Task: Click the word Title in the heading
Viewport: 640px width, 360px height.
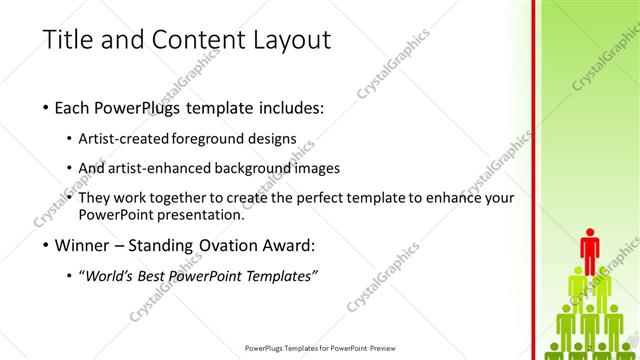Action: click(67, 40)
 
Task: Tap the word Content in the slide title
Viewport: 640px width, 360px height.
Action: click(193, 40)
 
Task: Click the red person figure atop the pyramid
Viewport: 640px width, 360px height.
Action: click(589, 252)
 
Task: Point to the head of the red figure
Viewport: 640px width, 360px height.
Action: click(589, 234)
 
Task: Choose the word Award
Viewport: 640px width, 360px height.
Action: click(287, 244)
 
